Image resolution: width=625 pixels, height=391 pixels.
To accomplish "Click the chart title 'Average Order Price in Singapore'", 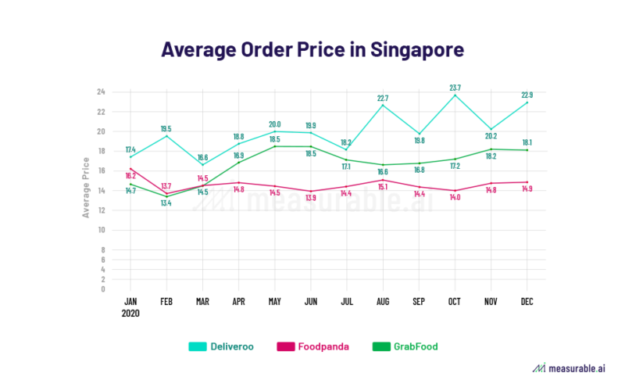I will pyautogui.click(x=312, y=49).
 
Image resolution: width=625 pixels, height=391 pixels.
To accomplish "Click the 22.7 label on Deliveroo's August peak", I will pyautogui.click(x=383, y=98).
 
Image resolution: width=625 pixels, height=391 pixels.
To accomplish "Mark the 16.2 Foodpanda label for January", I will pyautogui.click(x=130, y=176).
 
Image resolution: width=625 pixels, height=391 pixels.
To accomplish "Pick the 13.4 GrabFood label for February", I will pyautogui.click(x=166, y=203).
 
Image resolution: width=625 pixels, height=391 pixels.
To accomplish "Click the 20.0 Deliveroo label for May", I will pyautogui.click(x=275, y=124).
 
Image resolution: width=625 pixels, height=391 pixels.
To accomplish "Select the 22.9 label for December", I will pyautogui.click(x=527, y=95).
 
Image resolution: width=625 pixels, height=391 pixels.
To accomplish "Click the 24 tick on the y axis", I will pyautogui.click(x=101, y=91).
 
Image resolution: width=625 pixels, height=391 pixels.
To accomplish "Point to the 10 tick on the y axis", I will pyautogui.click(x=101, y=230).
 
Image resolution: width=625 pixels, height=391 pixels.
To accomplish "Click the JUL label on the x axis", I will pyautogui.click(x=347, y=300).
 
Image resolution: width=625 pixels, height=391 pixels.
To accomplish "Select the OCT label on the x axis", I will pyautogui.click(x=455, y=300).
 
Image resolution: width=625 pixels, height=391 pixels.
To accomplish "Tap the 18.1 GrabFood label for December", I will pyautogui.click(x=527, y=142).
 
